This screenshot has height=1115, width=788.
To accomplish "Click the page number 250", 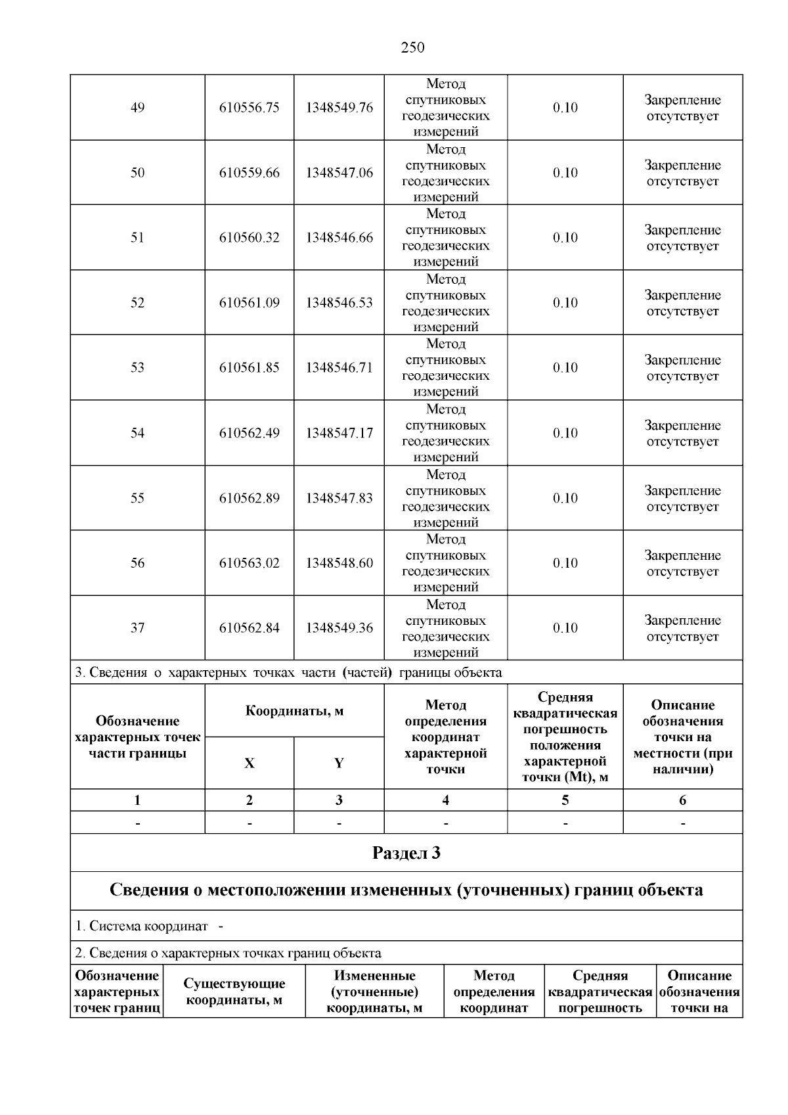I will click(x=412, y=47).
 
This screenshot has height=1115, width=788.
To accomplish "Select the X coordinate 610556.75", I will click(x=249, y=108).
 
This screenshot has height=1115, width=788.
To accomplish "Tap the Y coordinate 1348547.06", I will click(x=339, y=173).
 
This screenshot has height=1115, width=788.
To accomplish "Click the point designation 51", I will click(x=137, y=238).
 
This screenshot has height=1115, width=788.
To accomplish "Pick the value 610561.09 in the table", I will click(x=249, y=303).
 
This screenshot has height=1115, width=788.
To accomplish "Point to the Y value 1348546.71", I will click(x=339, y=368).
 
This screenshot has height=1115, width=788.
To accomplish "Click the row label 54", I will click(x=137, y=433).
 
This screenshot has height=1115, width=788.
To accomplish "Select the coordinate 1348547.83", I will click(x=339, y=498).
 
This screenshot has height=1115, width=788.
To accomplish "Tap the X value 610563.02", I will click(x=249, y=563).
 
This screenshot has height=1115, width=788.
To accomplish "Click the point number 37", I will click(x=137, y=628).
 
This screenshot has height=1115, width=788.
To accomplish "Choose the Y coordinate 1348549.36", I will click(x=339, y=628).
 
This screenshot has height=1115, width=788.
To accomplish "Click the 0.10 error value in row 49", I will click(x=565, y=108).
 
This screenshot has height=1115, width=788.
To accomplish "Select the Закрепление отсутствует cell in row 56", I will click(x=682, y=563).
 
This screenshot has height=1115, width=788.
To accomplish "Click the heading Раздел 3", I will click(x=406, y=853).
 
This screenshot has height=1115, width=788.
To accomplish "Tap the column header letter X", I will click(x=249, y=763).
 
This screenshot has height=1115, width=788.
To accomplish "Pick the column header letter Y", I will click(x=339, y=763).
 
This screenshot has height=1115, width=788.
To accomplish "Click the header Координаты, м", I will click(x=294, y=711).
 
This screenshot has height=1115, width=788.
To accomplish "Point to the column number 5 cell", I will click(x=565, y=800).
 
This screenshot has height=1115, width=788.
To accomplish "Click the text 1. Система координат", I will click(x=142, y=926).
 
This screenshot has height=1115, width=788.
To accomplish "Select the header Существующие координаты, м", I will click(x=234, y=991).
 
